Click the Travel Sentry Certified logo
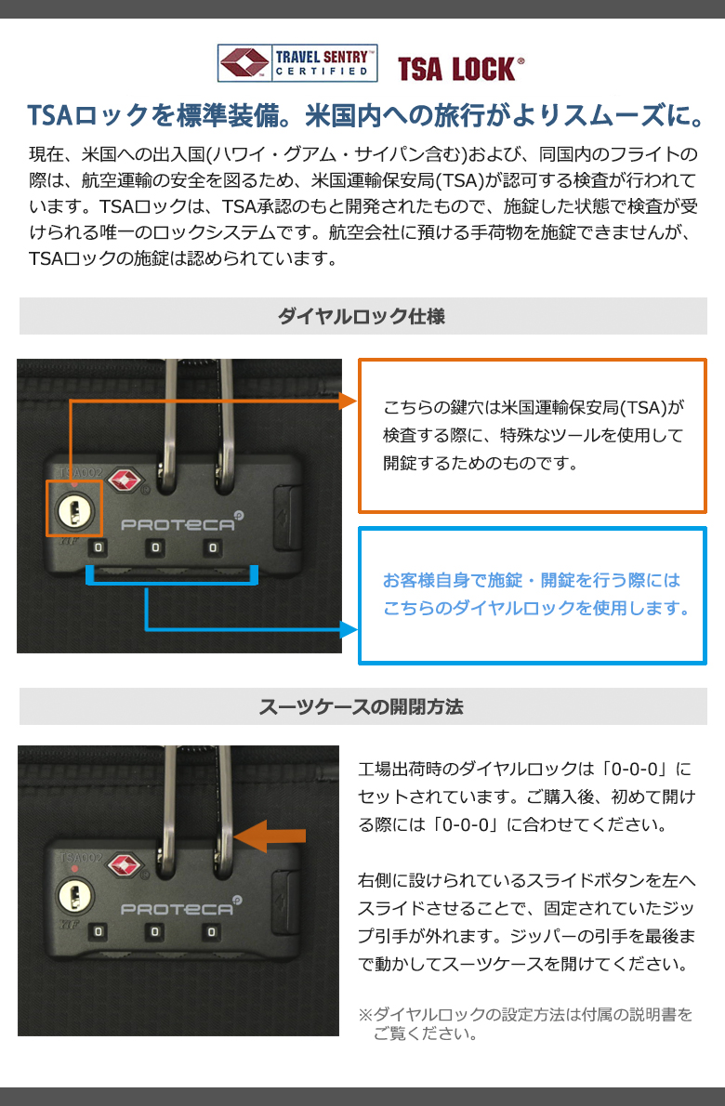coord(297,63)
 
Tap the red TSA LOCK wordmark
coord(460,69)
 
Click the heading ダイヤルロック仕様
coord(361,316)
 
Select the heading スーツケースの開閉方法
coord(361,706)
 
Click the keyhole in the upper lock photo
coord(74,508)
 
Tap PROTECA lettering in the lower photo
coord(178,909)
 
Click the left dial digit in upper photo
coord(98,547)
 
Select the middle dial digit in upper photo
coord(155,547)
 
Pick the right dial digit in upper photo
coord(212,547)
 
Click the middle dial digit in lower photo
coord(154,932)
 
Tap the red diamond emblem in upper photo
coord(125,481)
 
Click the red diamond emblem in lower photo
coord(125,866)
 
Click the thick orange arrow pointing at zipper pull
coord(270,836)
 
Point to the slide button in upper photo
coord(285,517)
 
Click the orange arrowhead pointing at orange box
coord(349,401)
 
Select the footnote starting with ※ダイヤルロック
coord(525,1024)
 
